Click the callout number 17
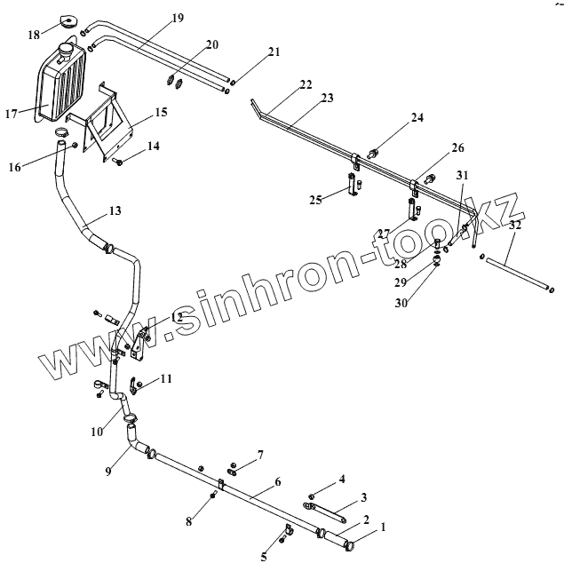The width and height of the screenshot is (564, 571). click(x=12, y=113)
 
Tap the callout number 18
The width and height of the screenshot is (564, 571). click(x=33, y=35)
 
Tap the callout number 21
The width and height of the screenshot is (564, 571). click(x=274, y=53)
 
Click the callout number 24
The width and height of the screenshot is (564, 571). click(x=417, y=117)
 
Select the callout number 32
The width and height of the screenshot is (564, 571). click(x=515, y=226)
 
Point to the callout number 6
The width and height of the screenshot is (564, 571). click(x=277, y=481)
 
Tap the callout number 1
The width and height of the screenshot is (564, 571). click(x=384, y=527)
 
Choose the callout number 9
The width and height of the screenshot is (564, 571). click(x=108, y=472)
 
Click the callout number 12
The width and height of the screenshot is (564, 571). click(x=176, y=317)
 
